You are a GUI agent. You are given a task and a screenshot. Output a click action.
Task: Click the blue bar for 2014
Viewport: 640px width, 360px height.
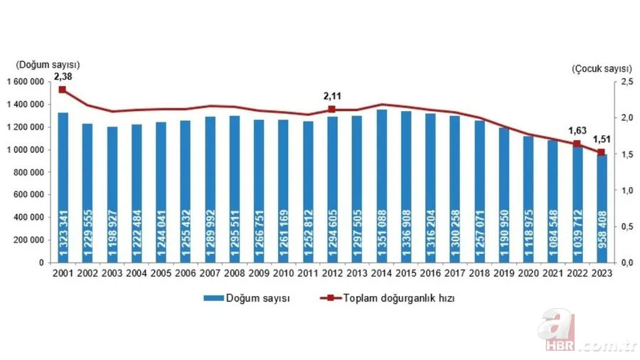[381, 186]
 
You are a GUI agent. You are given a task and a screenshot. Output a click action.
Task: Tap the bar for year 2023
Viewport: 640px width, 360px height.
[601, 208]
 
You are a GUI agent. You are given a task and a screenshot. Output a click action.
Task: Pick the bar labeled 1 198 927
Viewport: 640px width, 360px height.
[112, 194]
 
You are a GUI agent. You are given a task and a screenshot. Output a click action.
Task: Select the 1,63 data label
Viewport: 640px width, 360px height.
[577, 129]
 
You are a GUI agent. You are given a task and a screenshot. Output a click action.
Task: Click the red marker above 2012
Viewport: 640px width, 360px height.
[332, 110]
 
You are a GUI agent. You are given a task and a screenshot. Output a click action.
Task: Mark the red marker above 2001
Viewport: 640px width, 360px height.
[63, 90]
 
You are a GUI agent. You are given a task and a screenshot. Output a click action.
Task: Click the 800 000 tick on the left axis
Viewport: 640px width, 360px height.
[29, 172]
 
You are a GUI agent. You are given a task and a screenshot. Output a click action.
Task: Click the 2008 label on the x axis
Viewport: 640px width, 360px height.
[234, 274]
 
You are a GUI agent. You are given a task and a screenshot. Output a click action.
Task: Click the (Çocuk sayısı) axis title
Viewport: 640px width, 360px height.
[602, 69]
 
